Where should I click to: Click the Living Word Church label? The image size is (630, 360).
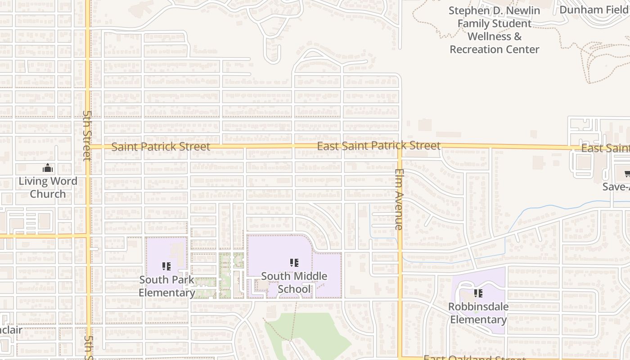pyautogui.click(x=48, y=188)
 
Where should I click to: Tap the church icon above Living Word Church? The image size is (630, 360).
pyautogui.click(x=48, y=169)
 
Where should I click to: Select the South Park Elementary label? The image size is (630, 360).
pyautogui.click(x=166, y=286)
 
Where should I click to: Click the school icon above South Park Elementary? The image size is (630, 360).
pyautogui.click(x=166, y=266)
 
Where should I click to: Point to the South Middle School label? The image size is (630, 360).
pyautogui.click(x=294, y=283)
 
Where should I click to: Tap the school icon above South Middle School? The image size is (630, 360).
pyautogui.click(x=294, y=263)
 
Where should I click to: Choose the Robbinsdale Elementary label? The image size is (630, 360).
pyautogui.click(x=478, y=313)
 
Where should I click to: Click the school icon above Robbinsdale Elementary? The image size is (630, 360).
pyautogui.click(x=478, y=293)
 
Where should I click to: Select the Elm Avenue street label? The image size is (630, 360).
pyautogui.click(x=399, y=199)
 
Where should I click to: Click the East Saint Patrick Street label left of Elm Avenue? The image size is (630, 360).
pyautogui.click(x=378, y=146)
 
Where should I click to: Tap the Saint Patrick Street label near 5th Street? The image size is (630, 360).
pyautogui.click(x=161, y=147)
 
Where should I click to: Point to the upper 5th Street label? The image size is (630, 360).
pyautogui.click(x=87, y=135)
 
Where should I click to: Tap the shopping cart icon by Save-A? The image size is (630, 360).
pyautogui.click(x=627, y=174)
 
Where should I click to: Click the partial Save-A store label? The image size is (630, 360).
pyautogui.click(x=616, y=187)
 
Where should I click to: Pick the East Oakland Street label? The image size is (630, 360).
pyautogui.click(x=474, y=358)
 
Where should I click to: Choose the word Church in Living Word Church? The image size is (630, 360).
pyautogui.click(x=48, y=194)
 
